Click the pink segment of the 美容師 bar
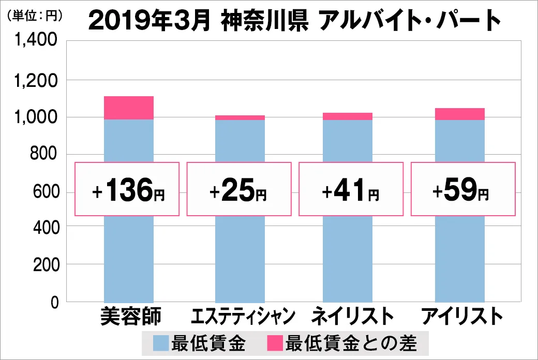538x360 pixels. click(x=129, y=108)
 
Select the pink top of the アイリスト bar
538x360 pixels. click(x=460, y=114)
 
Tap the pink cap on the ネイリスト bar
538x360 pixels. click(x=348, y=116)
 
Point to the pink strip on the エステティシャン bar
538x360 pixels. click(x=240, y=117)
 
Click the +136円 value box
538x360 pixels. click(x=127, y=189)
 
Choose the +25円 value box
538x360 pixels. click(x=239, y=189)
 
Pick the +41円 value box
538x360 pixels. click(x=350, y=189)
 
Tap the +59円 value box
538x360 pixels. click(x=463, y=189)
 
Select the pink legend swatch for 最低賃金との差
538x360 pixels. click(x=274, y=342)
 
